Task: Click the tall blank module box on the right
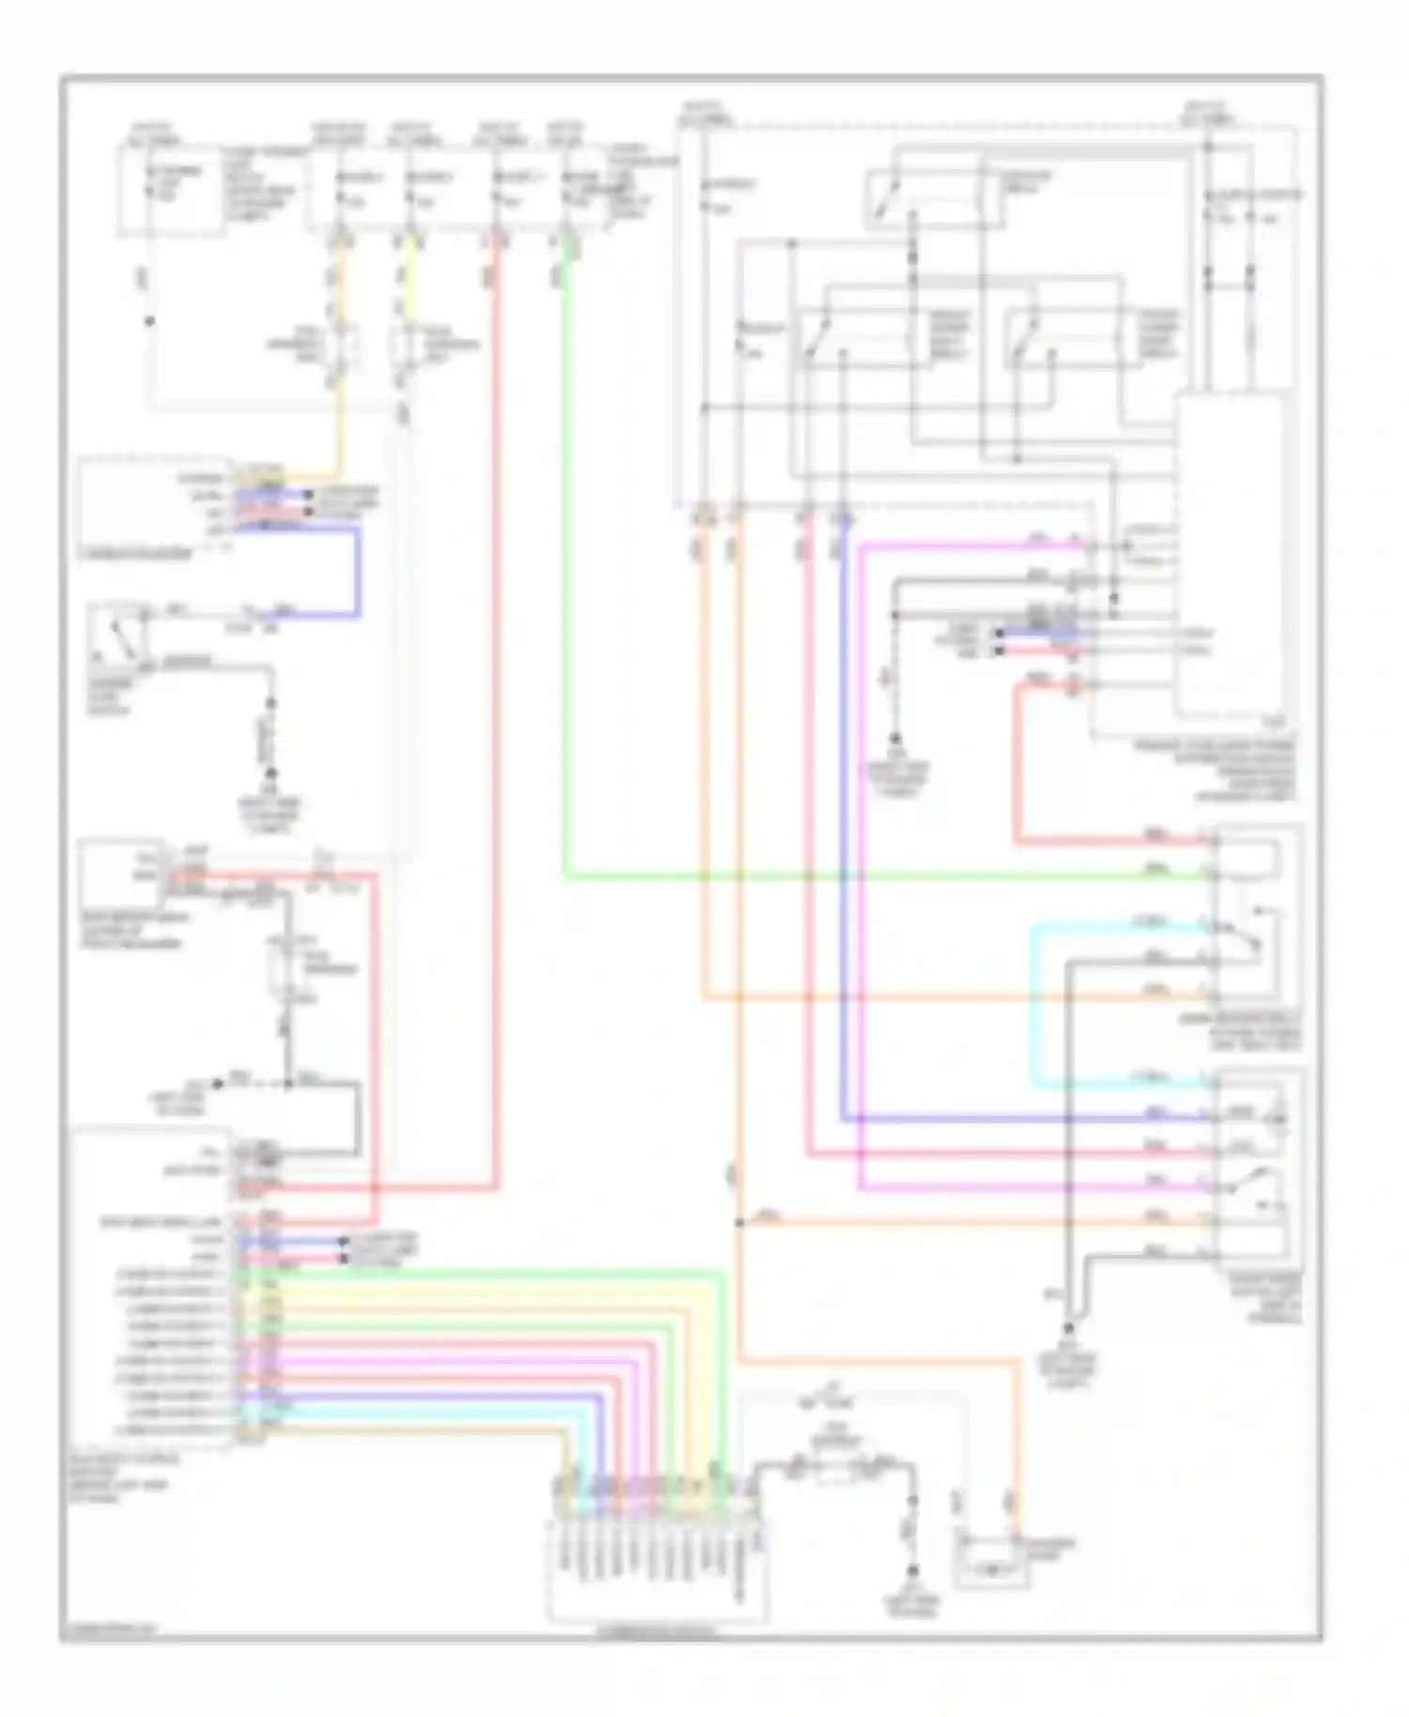click(x=1231, y=554)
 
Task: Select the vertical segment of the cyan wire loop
click(x=1034, y=1005)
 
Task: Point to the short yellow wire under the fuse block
click(x=411, y=282)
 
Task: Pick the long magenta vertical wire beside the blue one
click(x=860, y=845)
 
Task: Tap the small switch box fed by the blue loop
click(x=117, y=639)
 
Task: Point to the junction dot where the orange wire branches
click(x=739, y=1223)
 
